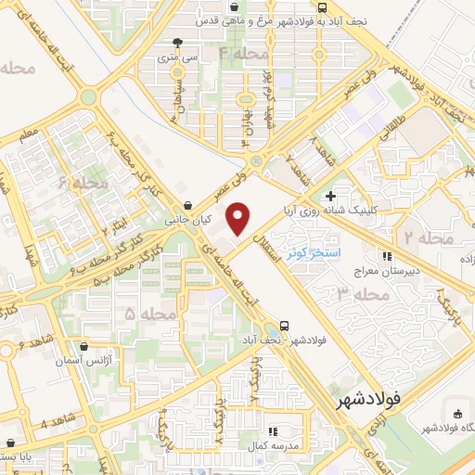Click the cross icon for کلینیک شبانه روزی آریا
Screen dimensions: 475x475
point(330,196)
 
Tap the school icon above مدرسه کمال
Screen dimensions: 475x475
point(273,431)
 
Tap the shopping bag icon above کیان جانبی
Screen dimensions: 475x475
point(188,206)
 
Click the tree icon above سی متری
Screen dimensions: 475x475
point(177,43)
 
